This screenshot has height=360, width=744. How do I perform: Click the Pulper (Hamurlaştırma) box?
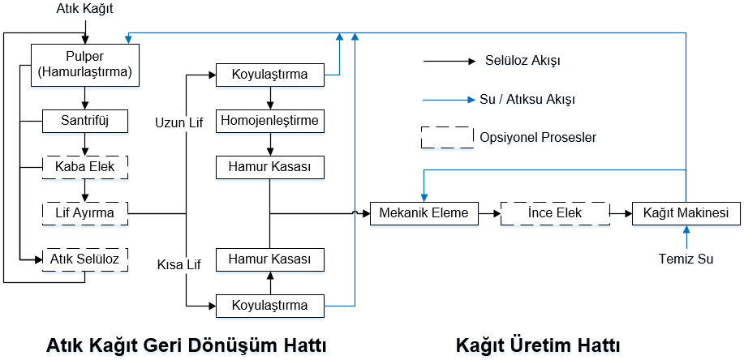click(85, 66)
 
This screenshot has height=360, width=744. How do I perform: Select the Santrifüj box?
click(85, 121)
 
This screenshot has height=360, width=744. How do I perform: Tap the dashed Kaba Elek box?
click(85, 167)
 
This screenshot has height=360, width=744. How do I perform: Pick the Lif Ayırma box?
click(85, 213)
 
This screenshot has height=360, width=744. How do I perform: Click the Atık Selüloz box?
click(85, 259)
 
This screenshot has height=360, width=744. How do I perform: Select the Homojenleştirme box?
click(270, 121)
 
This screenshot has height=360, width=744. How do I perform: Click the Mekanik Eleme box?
click(424, 213)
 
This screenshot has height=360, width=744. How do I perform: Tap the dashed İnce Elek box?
click(555, 213)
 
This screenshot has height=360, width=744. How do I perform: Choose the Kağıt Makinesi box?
click(686, 213)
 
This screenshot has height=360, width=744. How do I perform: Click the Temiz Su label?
click(686, 259)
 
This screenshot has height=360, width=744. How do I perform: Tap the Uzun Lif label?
click(178, 123)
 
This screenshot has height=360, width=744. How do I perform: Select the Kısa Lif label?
click(179, 265)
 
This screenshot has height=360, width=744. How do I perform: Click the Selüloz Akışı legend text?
click(523, 61)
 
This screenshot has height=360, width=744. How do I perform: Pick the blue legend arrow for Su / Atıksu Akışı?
click(449, 100)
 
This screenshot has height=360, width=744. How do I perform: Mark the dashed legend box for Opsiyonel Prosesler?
click(447, 138)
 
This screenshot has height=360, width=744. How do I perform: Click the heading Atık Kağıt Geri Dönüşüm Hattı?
click(187, 345)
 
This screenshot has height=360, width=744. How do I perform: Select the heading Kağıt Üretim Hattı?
click(538, 345)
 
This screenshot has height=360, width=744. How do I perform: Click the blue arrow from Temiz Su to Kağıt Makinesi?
click(686, 237)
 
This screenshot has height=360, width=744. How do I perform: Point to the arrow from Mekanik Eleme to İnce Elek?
click(490, 213)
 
